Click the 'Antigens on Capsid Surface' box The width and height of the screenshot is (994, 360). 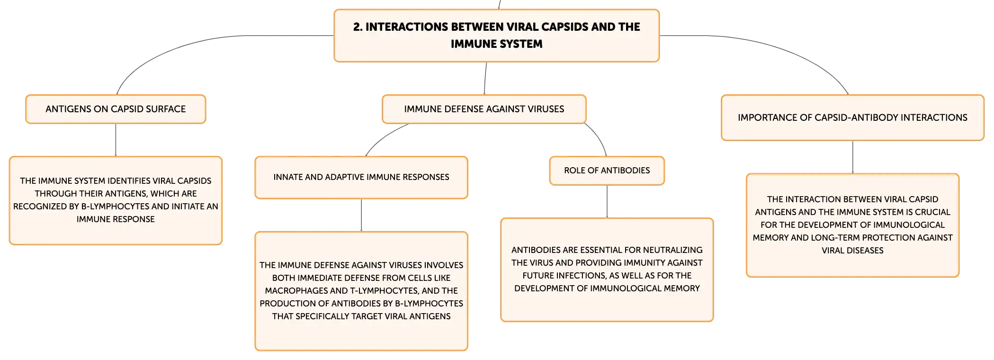coord(116,109)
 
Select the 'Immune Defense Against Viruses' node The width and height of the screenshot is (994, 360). coord(484,109)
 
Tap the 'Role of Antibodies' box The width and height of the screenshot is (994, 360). coord(607,171)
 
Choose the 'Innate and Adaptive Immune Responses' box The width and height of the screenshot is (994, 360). coord(361,177)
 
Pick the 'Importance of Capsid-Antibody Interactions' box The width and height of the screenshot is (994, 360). coord(852,117)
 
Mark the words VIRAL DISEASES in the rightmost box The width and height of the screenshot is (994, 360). coord(852,251)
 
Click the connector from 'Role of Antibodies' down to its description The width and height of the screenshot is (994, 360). coord(607,201)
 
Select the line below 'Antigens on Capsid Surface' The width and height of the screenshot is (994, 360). coord(116,140)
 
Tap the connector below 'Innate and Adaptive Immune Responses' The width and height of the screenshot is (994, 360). coord(361,215)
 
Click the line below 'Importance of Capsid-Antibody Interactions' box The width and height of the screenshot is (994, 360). coord(852,157)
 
